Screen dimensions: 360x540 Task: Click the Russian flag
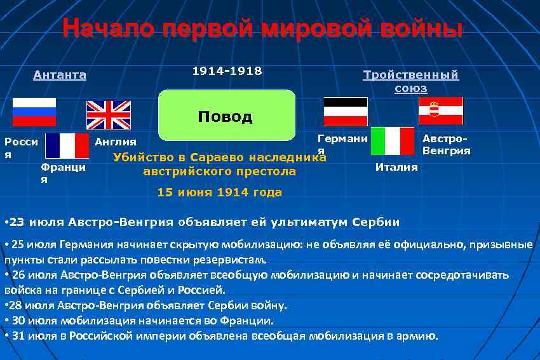(x=34, y=112)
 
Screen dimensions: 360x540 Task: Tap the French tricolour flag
(x=67, y=145)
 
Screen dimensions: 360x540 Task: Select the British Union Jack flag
(x=109, y=114)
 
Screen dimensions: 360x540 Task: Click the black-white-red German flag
(x=346, y=112)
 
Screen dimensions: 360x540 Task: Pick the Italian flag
(x=393, y=141)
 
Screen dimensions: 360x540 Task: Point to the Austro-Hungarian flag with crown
(x=441, y=110)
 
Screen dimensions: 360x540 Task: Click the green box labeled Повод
(x=226, y=115)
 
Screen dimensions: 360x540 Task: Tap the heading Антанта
(x=60, y=75)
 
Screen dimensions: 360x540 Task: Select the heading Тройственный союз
(x=410, y=81)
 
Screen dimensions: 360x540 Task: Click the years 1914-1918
(x=227, y=71)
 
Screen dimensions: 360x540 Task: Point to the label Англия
(x=115, y=142)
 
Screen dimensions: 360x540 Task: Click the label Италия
(x=396, y=167)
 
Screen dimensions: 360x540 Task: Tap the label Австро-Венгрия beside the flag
(x=446, y=145)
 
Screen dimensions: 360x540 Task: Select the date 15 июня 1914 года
(x=219, y=192)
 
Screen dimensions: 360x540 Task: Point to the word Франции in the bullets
(x=249, y=321)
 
